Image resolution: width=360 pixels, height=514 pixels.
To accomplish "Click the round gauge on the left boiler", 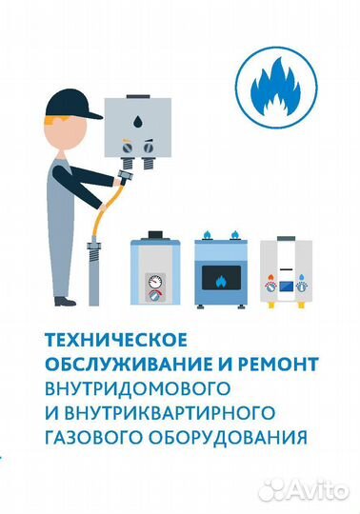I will pos(155,285).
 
